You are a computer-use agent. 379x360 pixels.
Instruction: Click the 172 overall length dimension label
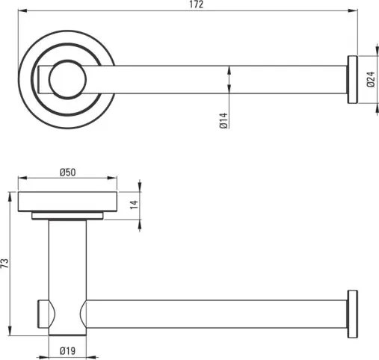point(197,4)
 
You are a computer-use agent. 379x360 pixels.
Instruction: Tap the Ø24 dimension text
point(371,79)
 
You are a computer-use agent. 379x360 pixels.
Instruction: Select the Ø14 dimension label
point(224,120)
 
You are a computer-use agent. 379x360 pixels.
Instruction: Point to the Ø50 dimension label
point(67,172)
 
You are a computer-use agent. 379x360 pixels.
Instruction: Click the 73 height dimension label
point(5,263)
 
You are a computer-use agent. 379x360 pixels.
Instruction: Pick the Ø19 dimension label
point(67,351)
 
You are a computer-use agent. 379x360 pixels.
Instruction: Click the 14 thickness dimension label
point(134,205)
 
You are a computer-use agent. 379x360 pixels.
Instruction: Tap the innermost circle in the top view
point(67,79)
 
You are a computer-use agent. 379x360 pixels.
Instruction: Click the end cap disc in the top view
point(353,80)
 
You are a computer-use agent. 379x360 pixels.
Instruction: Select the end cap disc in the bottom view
point(353,314)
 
